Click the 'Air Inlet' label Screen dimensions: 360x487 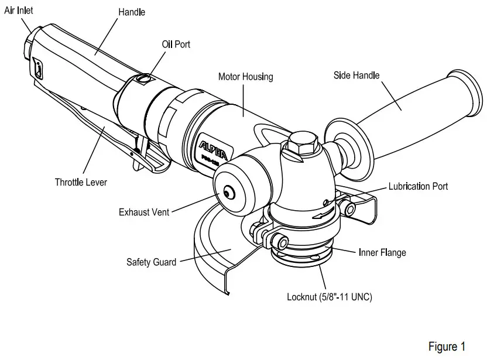pyautogui.click(x=19, y=11)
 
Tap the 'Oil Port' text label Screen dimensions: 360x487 pyautogui.click(x=176, y=44)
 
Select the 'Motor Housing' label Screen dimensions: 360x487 pyautogui.click(x=245, y=77)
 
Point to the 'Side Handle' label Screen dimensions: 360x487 pyautogui.click(x=356, y=75)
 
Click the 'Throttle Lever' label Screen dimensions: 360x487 pyautogui.click(x=81, y=182)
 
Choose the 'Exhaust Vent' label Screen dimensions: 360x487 pyautogui.click(x=144, y=212)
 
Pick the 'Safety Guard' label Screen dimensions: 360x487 pyautogui.click(x=151, y=262)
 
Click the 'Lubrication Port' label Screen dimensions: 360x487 pyautogui.click(x=418, y=186)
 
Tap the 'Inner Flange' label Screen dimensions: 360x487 pyautogui.click(x=382, y=253)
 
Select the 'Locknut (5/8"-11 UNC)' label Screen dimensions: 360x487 pyautogui.click(x=329, y=297)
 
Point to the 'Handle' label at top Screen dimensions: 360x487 pyautogui.click(x=132, y=12)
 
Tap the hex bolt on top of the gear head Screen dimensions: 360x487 pyautogui.click(x=302, y=143)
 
